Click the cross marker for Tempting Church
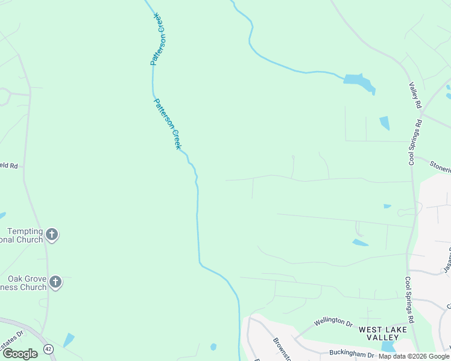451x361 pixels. (52, 235)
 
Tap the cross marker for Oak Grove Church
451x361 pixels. (55, 282)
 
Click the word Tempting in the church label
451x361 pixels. (25, 232)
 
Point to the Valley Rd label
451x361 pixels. (414, 95)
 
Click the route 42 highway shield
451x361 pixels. (48, 349)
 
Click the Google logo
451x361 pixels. (20, 353)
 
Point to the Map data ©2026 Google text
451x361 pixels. (414, 357)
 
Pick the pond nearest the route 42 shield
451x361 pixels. (69, 340)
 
